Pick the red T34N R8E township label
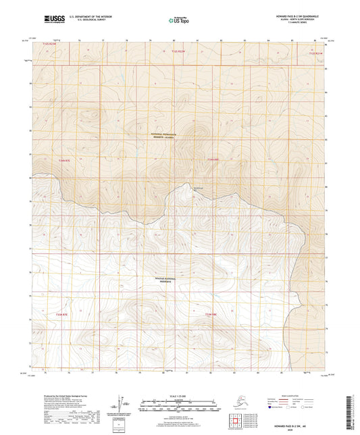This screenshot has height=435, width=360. pos(212,159)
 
